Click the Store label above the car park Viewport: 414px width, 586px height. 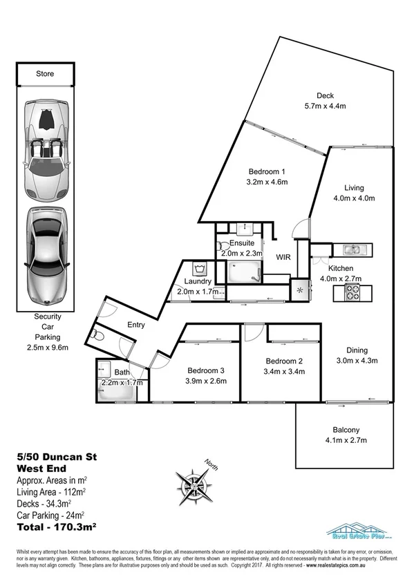pos(45,74)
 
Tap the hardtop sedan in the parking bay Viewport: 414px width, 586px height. pos(46,257)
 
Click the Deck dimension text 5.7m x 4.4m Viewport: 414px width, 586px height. pos(325,106)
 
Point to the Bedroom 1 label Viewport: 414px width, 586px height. pos(267,171)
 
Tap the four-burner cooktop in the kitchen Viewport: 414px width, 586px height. pos(353,293)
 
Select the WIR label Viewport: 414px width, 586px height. pos(283,256)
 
